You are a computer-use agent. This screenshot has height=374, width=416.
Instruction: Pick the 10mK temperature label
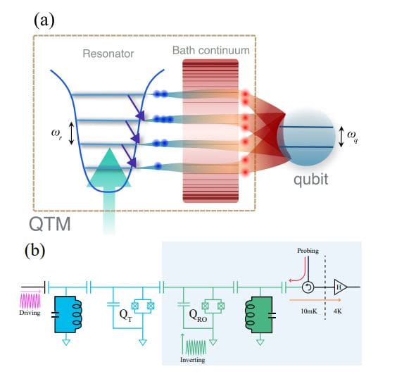308,309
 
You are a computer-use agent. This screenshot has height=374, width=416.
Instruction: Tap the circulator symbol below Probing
308,287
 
